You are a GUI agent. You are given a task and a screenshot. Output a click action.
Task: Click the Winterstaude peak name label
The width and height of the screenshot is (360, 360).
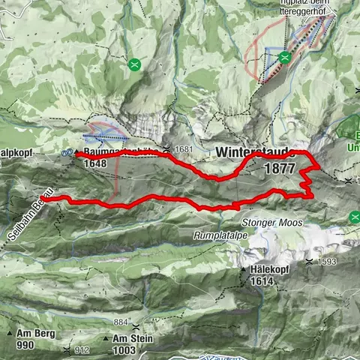[x=255, y=151]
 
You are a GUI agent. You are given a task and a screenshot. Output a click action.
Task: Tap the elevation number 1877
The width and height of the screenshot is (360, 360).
[x=280, y=169]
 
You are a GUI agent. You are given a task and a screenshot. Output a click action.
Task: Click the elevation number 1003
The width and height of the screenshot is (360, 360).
[x=124, y=349]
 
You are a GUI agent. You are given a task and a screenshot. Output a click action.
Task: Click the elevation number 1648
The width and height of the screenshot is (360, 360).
[x=95, y=163]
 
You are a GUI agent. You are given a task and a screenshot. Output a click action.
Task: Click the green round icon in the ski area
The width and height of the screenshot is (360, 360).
[x=284, y=57]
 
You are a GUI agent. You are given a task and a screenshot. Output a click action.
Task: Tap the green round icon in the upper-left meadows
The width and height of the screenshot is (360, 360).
[x=134, y=64]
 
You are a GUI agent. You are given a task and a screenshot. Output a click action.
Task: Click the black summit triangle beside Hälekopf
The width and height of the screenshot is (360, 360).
[x=243, y=269]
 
